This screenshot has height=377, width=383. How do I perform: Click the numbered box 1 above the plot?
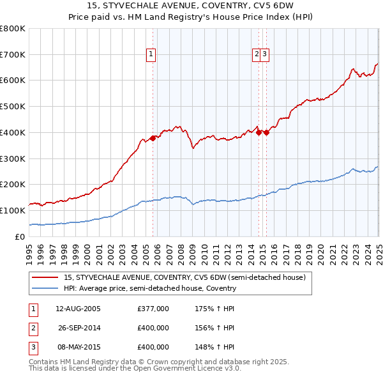[151, 55]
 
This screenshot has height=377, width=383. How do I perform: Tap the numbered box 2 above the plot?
[257, 55]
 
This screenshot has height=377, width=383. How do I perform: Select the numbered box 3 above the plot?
[264, 55]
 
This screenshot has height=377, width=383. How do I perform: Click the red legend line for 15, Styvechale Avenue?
[45, 278]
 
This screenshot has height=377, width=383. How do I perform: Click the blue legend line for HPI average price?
[45, 288]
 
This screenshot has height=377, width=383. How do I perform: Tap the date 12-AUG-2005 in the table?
[78, 309]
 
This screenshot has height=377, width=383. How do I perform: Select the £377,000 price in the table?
[153, 309]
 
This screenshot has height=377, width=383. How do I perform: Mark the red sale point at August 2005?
[153, 138]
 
